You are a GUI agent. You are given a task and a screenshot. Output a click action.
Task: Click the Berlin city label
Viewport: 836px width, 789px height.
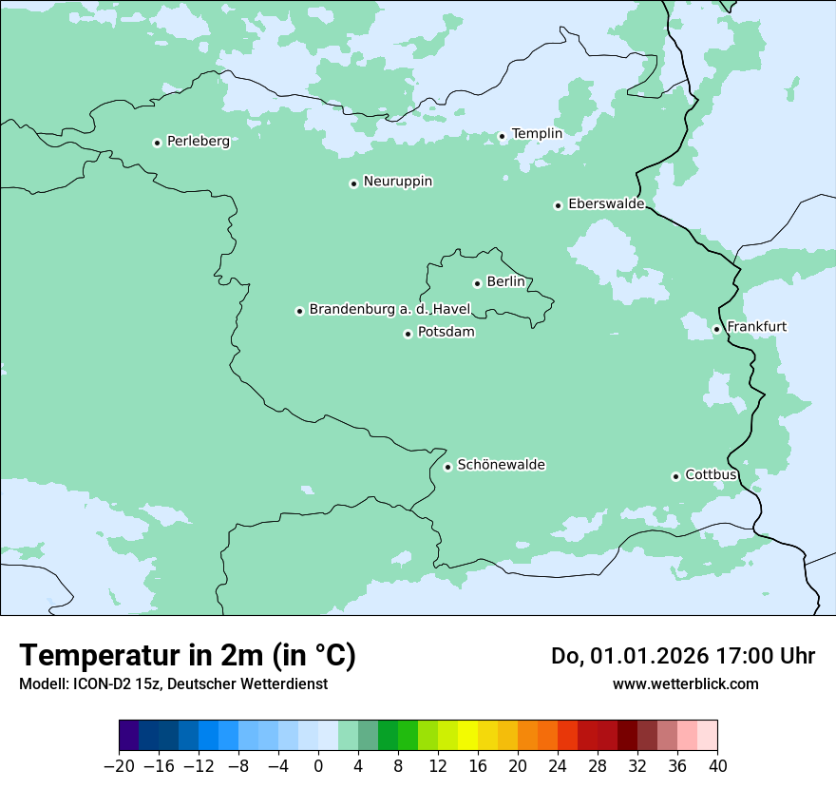(505, 281)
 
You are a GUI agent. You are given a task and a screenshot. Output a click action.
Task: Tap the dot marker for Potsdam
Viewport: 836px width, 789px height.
(408, 334)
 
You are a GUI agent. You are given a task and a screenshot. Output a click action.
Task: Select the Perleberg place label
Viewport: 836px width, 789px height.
(198, 141)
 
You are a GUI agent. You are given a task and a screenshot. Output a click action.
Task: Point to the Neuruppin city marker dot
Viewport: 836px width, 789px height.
(353, 183)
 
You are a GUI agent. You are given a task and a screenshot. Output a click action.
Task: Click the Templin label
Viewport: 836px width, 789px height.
(537, 134)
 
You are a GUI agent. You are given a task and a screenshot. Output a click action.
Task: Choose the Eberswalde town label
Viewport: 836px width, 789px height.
(606, 203)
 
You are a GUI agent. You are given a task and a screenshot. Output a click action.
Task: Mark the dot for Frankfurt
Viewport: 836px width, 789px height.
(716, 330)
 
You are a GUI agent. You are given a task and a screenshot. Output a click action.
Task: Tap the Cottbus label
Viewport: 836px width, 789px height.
(711, 474)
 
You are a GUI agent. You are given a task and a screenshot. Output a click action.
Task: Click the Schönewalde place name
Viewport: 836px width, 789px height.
(501, 465)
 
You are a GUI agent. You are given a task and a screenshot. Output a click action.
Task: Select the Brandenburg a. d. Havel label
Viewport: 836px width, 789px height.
(389, 309)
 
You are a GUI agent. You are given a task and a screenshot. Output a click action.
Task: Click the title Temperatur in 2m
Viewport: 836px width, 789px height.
(187, 655)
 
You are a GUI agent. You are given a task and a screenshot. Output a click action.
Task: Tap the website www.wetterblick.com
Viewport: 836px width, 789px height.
(685, 683)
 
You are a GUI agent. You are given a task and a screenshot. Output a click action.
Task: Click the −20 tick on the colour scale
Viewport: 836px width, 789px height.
(119, 766)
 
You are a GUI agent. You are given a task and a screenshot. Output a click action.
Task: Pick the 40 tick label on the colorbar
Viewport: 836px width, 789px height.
(717, 766)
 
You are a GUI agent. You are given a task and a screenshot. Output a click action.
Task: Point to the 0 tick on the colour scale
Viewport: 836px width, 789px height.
(318, 766)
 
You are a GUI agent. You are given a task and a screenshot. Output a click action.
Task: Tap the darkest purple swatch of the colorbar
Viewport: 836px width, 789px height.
(129, 736)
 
